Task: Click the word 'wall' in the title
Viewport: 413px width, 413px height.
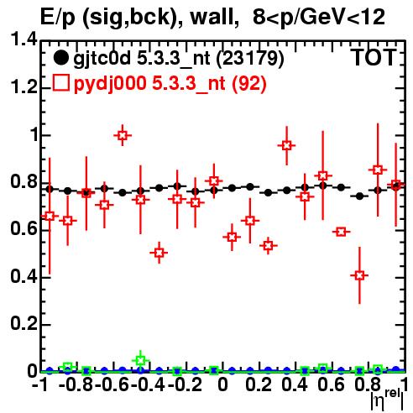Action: [212, 18]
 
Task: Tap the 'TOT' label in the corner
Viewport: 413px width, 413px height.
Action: [374, 58]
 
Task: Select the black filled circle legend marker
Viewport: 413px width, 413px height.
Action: [60, 58]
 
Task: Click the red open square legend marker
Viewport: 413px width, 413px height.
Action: [60, 83]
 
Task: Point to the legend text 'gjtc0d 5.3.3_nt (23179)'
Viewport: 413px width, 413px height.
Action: [179, 59]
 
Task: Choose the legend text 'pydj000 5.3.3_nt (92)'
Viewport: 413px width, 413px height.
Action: [170, 83]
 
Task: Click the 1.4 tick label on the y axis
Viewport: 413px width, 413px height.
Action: [24, 39]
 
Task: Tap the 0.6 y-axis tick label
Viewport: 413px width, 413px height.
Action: [24, 229]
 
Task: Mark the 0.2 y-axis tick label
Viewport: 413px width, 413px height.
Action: [24, 324]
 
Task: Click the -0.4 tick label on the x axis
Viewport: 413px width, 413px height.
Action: [149, 385]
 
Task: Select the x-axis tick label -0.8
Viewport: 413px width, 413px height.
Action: [76, 385]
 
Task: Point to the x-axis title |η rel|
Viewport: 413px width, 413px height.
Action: [387, 399]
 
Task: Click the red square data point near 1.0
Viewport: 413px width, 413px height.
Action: [123, 136]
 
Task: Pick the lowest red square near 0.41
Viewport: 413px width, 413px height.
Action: [359, 275]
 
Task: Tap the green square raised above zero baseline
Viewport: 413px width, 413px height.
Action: [141, 360]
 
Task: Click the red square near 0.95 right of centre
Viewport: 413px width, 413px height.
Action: [286, 145]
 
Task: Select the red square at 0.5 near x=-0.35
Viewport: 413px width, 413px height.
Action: [159, 253]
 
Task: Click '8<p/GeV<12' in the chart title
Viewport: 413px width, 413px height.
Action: [319, 18]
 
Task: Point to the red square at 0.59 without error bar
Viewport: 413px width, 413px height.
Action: [341, 232]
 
